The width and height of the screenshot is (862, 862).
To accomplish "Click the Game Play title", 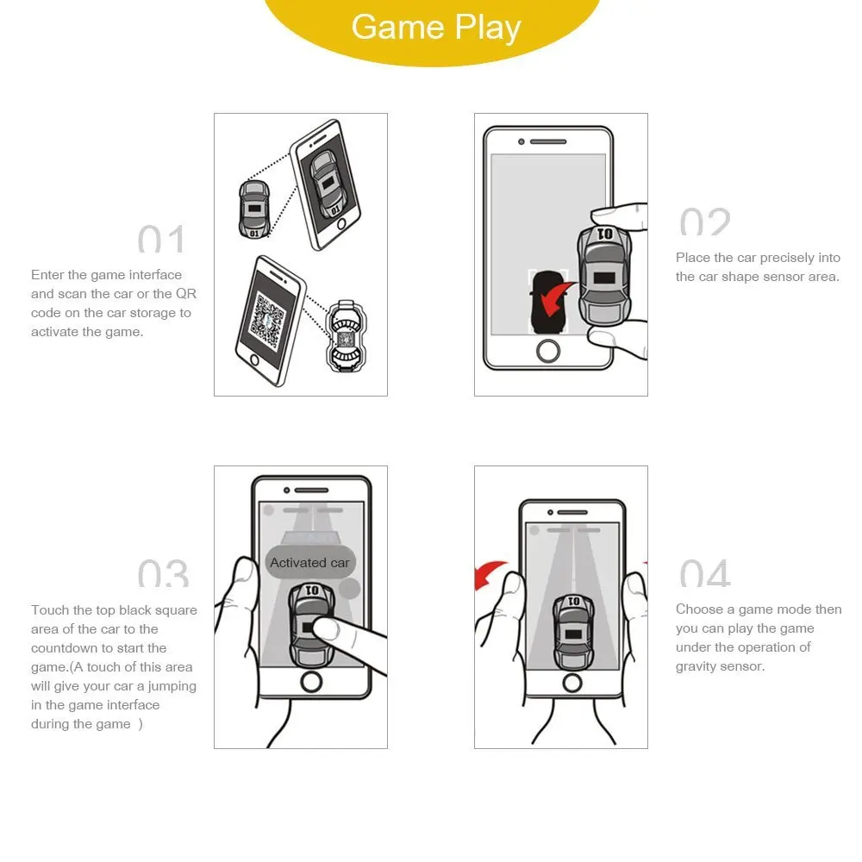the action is [436, 28].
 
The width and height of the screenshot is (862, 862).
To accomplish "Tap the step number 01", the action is [161, 239].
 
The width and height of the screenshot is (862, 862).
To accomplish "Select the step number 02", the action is [704, 222].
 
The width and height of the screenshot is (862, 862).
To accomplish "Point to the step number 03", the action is [162, 573].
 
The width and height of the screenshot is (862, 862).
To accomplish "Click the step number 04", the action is [704, 573].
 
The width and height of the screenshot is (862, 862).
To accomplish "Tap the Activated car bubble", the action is [309, 563].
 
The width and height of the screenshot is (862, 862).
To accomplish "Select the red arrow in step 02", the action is [551, 299].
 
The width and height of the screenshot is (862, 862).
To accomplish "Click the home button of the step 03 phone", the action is [310, 681].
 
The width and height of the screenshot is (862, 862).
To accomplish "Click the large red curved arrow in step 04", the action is [490, 572].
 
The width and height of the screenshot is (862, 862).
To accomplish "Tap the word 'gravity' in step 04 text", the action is [701, 666].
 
